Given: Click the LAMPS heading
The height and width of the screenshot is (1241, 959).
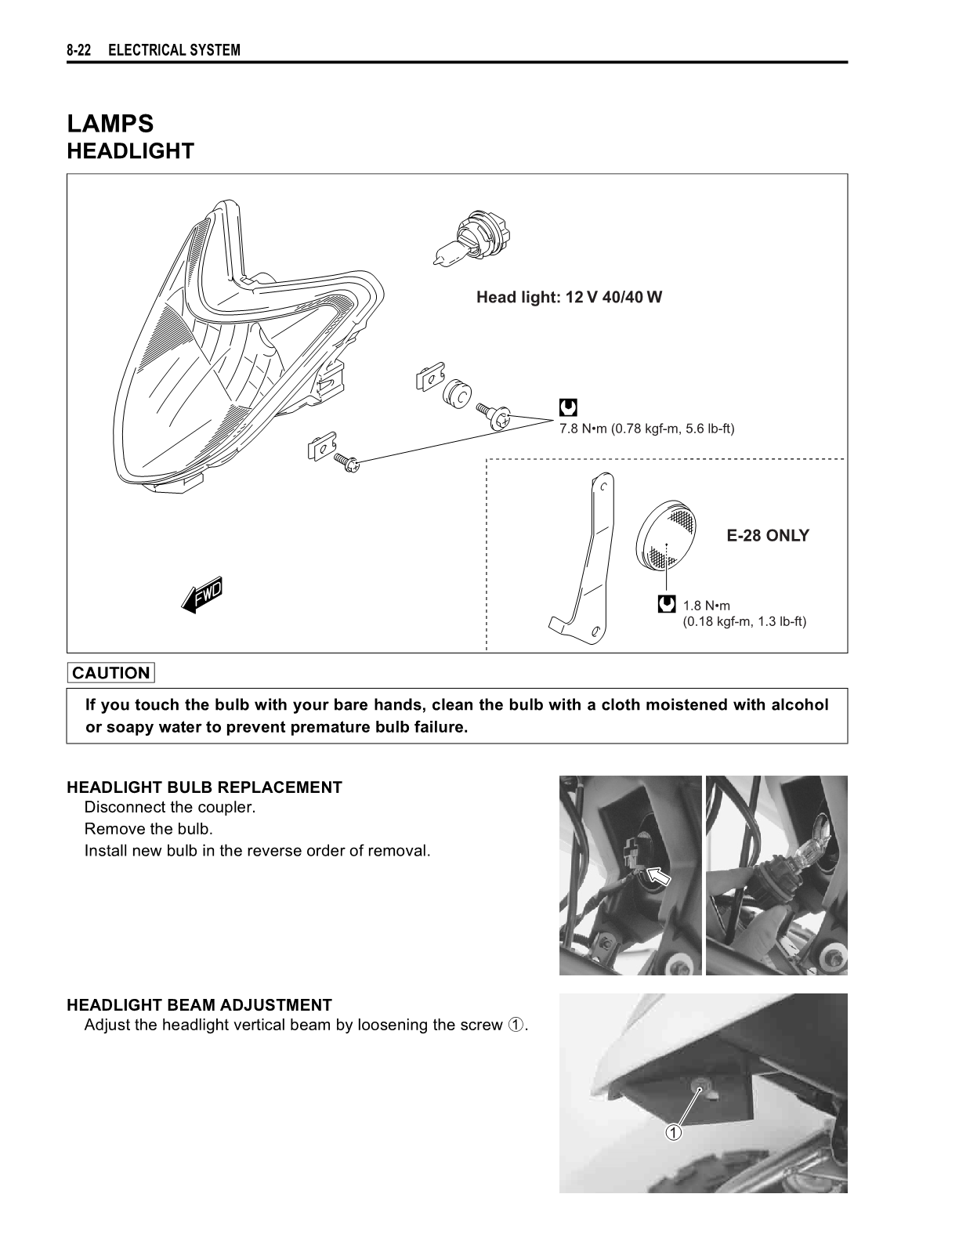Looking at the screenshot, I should [x=110, y=124].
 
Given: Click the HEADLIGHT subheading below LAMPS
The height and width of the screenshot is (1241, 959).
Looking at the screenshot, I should [x=130, y=151].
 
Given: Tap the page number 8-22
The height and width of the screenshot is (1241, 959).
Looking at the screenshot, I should [x=79, y=51].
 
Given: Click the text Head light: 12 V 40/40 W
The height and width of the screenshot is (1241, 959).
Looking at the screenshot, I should [x=569, y=298].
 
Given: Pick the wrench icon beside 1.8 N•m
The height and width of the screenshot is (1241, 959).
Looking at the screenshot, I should [x=667, y=605].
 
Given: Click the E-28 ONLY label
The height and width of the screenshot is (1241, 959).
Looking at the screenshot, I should [x=767, y=536].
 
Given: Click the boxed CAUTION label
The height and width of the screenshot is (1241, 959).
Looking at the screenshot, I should [x=111, y=673].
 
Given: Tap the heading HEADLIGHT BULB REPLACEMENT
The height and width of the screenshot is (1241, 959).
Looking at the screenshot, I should [x=204, y=787].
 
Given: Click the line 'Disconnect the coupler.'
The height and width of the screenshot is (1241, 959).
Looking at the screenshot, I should [x=170, y=808].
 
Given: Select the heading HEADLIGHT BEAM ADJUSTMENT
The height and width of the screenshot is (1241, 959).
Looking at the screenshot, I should [x=199, y=1005].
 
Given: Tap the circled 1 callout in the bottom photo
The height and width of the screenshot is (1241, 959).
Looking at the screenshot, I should [x=674, y=1133].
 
